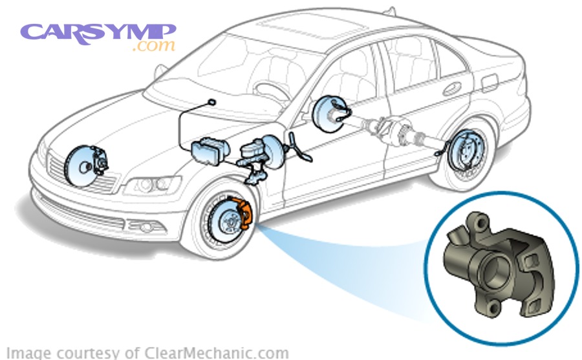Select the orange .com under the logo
(153, 47)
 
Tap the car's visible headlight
(145, 186)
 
